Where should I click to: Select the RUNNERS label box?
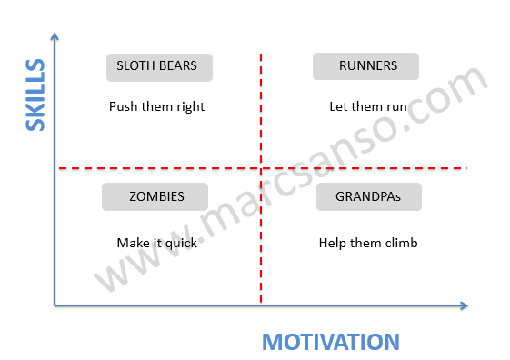tap(366, 66)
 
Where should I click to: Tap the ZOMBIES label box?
tap(155, 196)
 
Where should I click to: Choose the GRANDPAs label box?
tap(367, 196)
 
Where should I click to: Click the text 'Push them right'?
tap(156, 106)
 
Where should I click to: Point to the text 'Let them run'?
tap(367, 106)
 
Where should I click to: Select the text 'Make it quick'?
tap(155, 243)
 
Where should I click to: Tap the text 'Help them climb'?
tap(367, 243)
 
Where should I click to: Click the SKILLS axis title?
tap(35, 95)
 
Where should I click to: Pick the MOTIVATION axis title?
tap(331, 342)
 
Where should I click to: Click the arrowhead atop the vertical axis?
tap(55, 36)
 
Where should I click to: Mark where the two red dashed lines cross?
tap(261, 168)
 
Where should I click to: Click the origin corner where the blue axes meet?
tap(55, 305)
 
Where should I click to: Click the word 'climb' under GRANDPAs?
tap(400, 243)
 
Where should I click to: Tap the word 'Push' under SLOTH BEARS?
tap(123, 106)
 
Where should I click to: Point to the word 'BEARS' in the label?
tap(178, 66)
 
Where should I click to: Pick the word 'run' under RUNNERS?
tap(396, 106)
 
